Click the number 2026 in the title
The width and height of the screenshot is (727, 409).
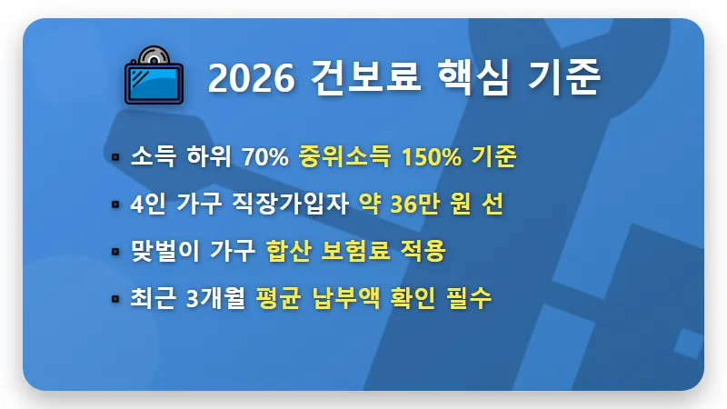tap(251, 80)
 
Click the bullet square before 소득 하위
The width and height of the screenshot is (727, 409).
tap(115, 157)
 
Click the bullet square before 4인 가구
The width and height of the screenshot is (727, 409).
tap(115, 204)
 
